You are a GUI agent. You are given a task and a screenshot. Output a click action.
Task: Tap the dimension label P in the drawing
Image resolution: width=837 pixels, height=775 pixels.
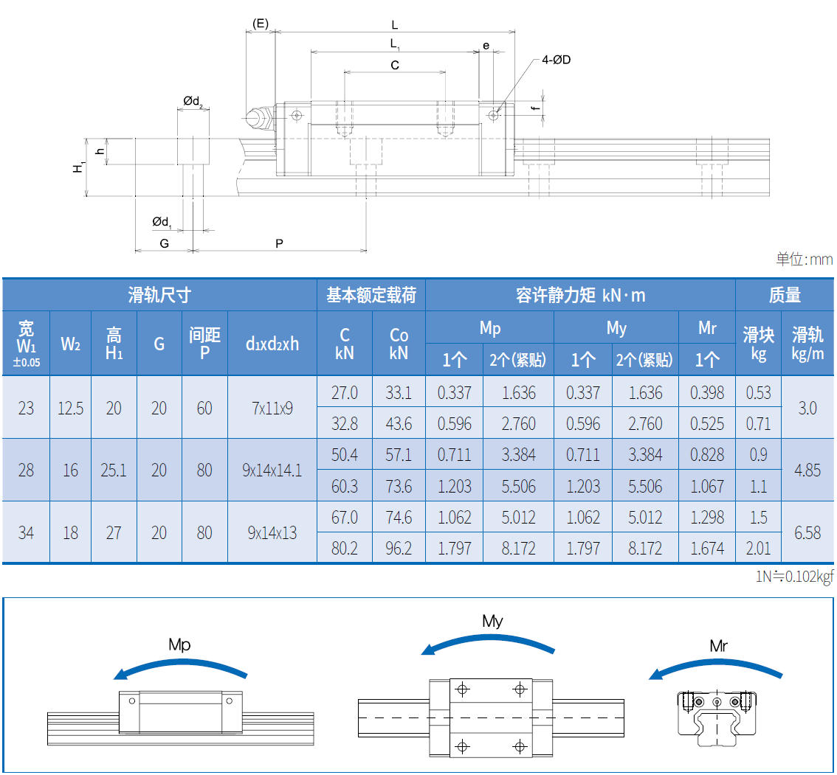[x=279, y=243]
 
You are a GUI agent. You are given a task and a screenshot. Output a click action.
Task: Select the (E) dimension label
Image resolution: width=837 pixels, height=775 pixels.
[x=260, y=24]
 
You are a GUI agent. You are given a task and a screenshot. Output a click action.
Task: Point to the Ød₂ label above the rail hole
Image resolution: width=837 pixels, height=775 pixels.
[x=193, y=101]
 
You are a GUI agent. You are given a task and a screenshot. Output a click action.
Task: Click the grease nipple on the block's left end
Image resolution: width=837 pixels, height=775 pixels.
[x=256, y=117]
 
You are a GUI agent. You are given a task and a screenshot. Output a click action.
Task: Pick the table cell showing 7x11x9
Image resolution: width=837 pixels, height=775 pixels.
[x=272, y=408]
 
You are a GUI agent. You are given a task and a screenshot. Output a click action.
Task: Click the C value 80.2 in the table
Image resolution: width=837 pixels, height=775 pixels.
[x=344, y=549]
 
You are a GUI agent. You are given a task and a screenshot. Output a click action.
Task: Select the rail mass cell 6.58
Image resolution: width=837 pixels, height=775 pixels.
[x=807, y=532]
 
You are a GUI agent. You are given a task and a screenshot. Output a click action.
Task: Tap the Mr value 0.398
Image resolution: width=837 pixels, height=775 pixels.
[x=706, y=392]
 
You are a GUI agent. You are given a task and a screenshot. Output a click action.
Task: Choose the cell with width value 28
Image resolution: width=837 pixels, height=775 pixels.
[x=26, y=470]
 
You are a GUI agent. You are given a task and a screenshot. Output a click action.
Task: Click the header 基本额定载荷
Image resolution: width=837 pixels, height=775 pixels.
[x=371, y=296]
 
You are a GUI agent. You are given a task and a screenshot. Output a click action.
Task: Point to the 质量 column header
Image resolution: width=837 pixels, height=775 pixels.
[x=785, y=296]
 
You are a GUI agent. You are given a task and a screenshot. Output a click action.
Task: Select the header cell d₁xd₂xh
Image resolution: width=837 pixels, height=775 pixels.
[x=272, y=344]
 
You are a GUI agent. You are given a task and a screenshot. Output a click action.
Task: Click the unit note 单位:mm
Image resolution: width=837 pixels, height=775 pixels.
[x=804, y=260]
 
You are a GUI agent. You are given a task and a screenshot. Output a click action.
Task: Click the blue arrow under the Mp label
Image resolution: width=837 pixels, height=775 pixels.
[x=180, y=665]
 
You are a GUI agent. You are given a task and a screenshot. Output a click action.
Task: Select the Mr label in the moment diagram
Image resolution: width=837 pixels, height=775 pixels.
[x=718, y=647]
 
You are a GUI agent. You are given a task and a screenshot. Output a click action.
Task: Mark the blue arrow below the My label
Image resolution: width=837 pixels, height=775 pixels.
[x=488, y=641]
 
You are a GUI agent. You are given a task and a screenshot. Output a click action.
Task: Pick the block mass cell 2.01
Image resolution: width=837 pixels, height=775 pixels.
[x=758, y=549]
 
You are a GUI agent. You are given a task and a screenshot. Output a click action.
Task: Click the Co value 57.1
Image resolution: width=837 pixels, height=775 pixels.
[x=399, y=455]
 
